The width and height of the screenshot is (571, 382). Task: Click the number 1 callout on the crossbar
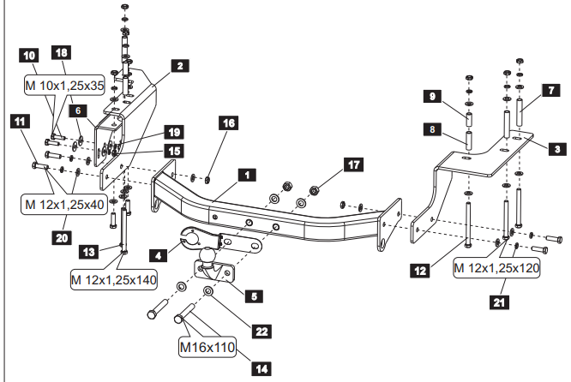[246, 175]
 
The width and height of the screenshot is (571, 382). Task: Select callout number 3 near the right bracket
[556, 148]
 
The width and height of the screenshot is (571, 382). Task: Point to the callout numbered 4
[158, 254]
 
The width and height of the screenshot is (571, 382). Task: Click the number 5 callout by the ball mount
[255, 296]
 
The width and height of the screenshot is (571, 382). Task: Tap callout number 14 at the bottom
[261, 369]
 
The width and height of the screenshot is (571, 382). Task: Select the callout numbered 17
[351, 163]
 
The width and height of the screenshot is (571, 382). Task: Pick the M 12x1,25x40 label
[63, 204]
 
